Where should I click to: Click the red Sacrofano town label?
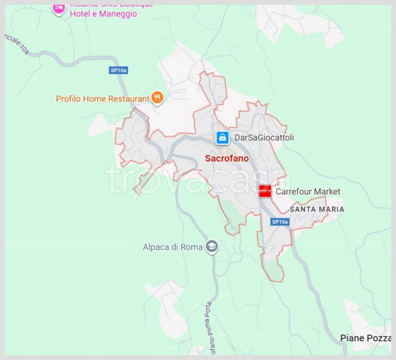pyautogui.click(x=227, y=158)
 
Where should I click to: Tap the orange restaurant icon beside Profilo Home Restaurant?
pyautogui.click(x=157, y=98)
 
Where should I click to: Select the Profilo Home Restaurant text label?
pyautogui.click(x=102, y=99)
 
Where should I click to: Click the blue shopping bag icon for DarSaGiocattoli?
pyautogui.click(x=223, y=137)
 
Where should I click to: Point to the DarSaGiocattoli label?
pyautogui.click(x=264, y=138)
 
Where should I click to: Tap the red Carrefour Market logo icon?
pyautogui.click(x=265, y=191)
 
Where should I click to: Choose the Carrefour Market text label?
pyautogui.click(x=307, y=192)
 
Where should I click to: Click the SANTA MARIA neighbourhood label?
pyautogui.click(x=317, y=209)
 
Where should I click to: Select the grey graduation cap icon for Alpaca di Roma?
pyautogui.click(x=212, y=247)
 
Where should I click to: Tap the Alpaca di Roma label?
pyautogui.click(x=172, y=247)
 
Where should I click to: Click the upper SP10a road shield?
pyautogui.click(x=118, y=70)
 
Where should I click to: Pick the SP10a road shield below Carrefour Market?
pyautogui.click(x=280, y=222)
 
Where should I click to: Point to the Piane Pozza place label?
pyautogui.click(x=366, y=338)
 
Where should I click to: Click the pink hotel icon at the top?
pyautogui.click(x=59, y=8)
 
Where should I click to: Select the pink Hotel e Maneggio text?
pyautogui.click(x=103, y=14)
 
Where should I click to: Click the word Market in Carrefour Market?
pyautogui.click(x=327, y=192)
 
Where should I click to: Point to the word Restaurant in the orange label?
pyautogui.click(x=129, y=99)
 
